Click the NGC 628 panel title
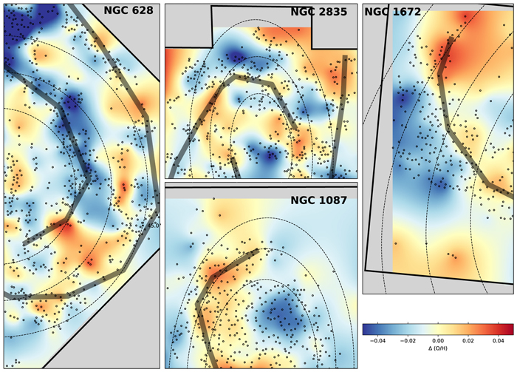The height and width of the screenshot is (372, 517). tap(129, 10)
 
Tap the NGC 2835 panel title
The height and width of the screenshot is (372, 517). tap(318, 12)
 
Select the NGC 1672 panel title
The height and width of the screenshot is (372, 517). tap(393, 12)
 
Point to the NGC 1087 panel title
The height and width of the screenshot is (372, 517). tap(318, 200)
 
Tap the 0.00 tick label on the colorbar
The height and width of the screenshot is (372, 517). tap(438, 341)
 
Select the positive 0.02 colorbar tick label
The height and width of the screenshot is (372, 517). tap(468, 341)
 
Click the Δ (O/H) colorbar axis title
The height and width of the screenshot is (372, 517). tap(438, 348)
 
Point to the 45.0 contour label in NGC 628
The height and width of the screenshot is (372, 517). tap(154, 226)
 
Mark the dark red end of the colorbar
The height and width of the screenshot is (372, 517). tap(510, 329)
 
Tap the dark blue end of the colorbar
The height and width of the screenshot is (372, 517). tap(367, 329)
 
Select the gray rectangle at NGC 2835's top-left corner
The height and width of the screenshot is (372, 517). tap(188, 26)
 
